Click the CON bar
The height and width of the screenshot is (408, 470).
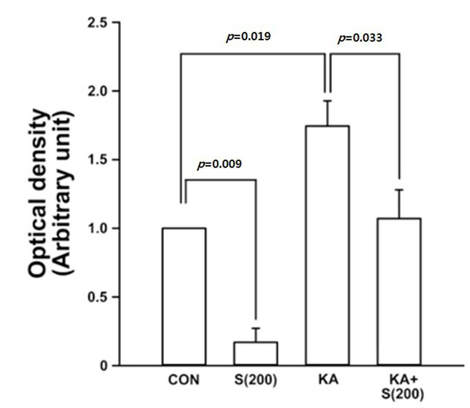coord(184,296)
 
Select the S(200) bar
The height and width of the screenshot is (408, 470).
coord(256,353)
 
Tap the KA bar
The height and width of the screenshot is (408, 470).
coord(327,245)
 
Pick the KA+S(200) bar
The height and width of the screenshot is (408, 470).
coord(399,291)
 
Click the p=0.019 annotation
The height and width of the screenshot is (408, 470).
coord(249,37)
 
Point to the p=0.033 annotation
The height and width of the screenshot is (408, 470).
coord(360,38)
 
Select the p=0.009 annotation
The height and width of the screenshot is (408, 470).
coord(220,164)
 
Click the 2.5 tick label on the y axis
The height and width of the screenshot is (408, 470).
coord(98,23)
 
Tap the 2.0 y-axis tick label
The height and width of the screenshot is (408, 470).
coord(98,91)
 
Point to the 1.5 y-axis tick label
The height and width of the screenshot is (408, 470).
coord(98,160)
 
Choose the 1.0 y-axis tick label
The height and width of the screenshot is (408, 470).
coord(98,228)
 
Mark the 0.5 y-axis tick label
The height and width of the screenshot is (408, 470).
coord(98,297)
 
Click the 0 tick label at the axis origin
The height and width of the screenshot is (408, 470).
coord(104,365)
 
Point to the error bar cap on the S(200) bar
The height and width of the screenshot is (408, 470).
coord(256,328)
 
